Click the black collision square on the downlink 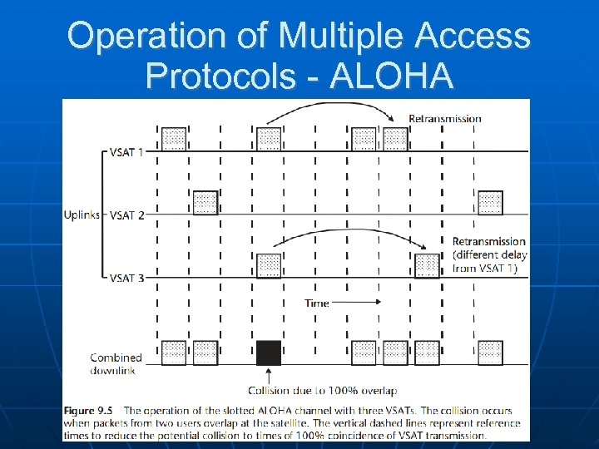pyautogui.click(x=269, y=353)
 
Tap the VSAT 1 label pyautogui.click(x=127, y=153)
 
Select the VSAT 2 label pyautogui.click(x=127, y=215)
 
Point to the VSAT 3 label pyautogui.click(x=127, y=278)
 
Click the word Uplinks pyautogui.click(x=82, y=215)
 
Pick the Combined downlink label pyautogui.click(x=116, y=363)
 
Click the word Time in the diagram pyautogui.click(x=317, y=303)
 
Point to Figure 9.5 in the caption pyautogui.click(x=90, y=412)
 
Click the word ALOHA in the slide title pyautogui.click(x=392, y=76)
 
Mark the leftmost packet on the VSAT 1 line pyautogui.click(x=173, y=139)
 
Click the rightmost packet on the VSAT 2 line pyautogui.click(x=490, y=203)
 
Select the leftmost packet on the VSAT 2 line pyautogui.click(x=205, y=203)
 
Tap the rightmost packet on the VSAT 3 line pyautogui.click(x=427, y=265)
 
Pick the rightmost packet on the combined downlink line pyautogui.click(x=490, y=353)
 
